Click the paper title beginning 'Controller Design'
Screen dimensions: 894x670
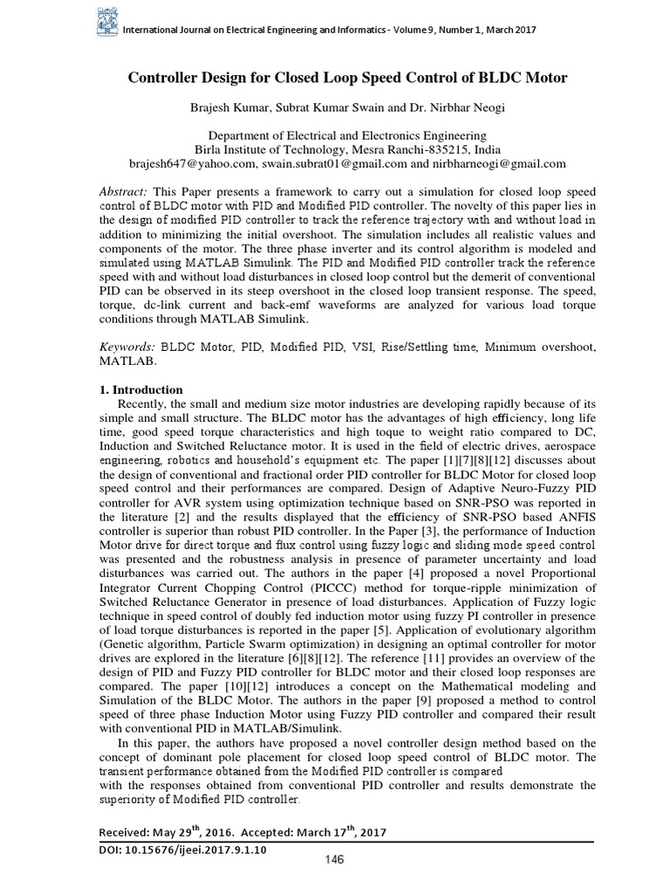tap(348, 78)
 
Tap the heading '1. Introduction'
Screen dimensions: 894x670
tap(143, 389)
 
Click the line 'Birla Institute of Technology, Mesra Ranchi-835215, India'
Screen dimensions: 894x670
tap(347, 149)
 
